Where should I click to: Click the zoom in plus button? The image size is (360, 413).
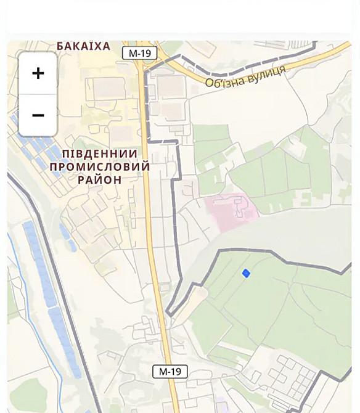[x=38, y=73]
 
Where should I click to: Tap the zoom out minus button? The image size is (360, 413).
[x=38, y=115]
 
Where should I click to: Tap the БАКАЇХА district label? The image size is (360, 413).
[x=83, y=46]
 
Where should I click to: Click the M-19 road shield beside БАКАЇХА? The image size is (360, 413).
[x=139, y=53]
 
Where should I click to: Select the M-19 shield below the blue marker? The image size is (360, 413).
[x=170, y=371]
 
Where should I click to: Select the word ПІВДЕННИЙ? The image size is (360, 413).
[x=100, y=153]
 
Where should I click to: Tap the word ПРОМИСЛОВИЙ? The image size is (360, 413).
[x=100, y=166]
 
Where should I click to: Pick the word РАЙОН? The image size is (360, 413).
[x=100, y=179]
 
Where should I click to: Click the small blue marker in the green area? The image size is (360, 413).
[x=246, y=273]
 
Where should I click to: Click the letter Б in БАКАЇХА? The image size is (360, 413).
[x=60, y=46]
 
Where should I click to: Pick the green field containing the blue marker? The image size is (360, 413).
[x=271, y=296]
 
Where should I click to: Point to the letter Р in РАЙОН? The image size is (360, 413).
[x=81, y=179]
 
